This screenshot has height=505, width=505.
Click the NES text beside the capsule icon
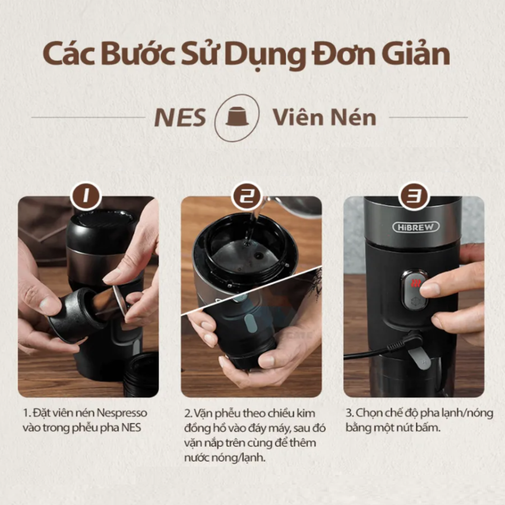point(180,118)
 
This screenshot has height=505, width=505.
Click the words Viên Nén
point(324,117)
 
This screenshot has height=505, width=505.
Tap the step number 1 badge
point(86,195)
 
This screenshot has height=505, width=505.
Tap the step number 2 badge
point(247,195)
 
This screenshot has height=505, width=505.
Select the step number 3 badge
point(414,195)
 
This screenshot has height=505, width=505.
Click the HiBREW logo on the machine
point(416,227)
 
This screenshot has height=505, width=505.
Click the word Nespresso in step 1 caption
point(121,413)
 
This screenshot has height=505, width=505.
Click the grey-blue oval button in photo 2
point(251,324)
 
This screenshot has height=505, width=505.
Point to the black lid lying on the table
point(141,373)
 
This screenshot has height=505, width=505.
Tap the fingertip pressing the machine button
point(429,287)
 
